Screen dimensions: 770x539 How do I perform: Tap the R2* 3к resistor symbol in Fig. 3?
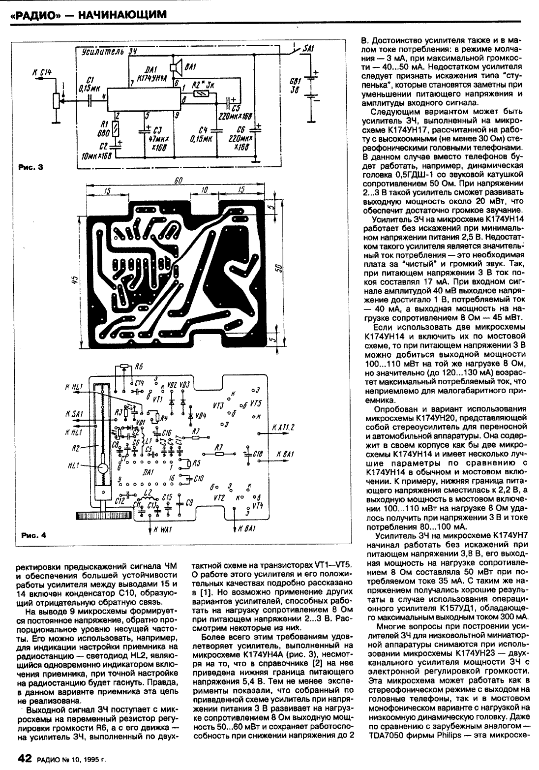201,93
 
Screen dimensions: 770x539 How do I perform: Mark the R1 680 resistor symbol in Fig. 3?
116,129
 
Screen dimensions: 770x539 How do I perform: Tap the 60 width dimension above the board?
179,182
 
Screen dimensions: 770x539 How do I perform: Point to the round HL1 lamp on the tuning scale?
103,470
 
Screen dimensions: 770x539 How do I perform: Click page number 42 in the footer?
25,758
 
